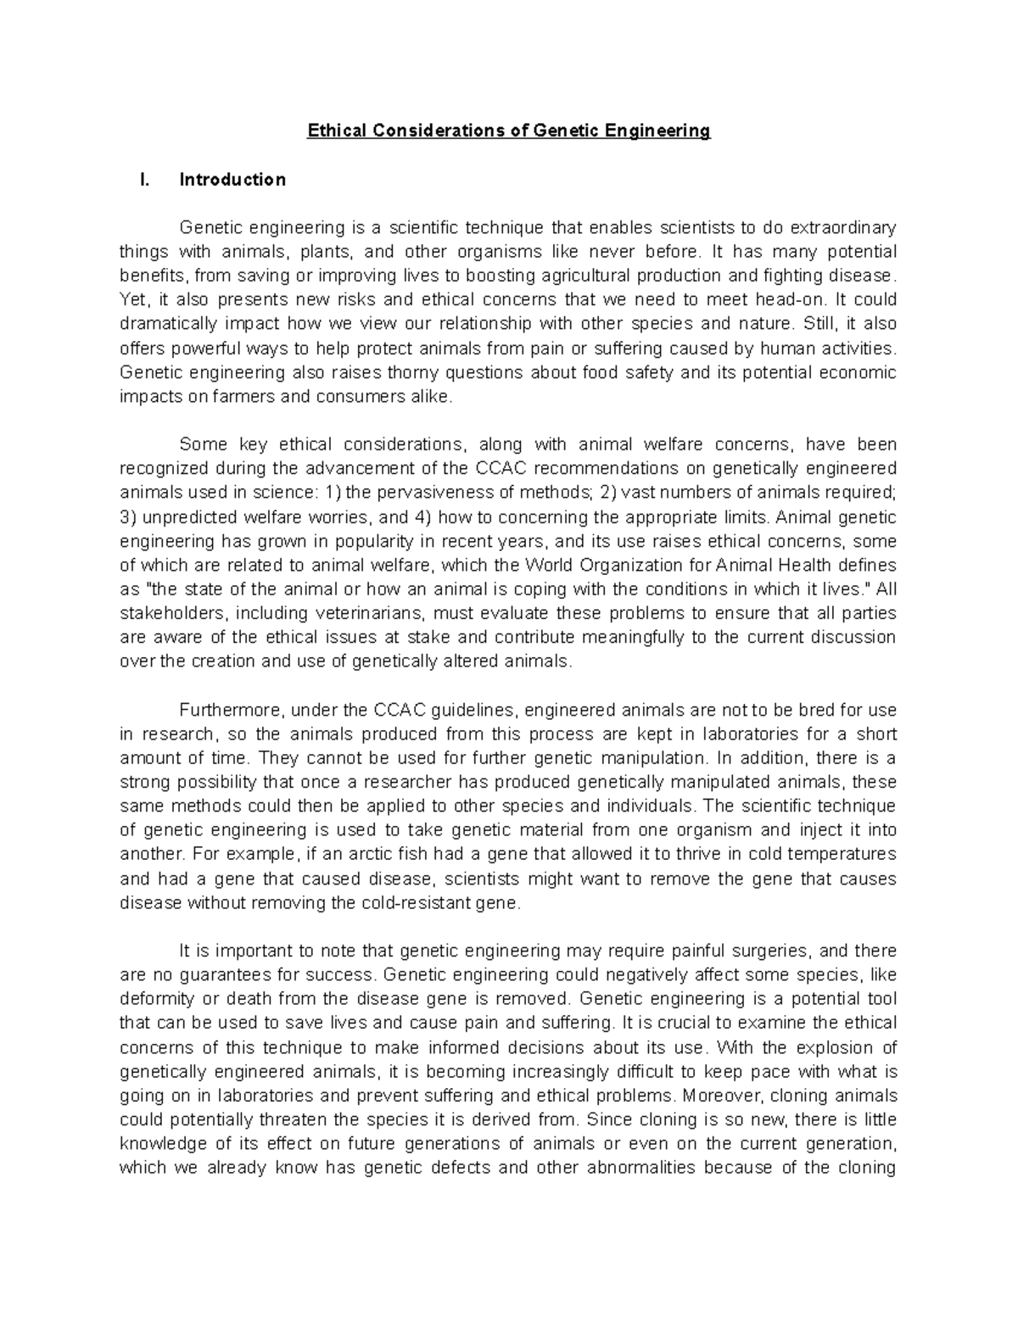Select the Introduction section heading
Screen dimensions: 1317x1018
click(x=232, y=180)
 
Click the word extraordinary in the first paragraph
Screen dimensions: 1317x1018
click(x=843, y=228)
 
